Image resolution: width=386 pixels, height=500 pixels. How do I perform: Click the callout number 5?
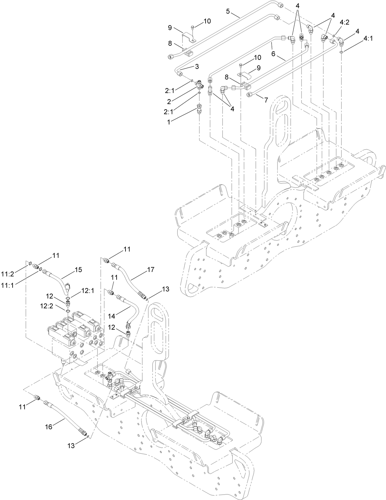228,11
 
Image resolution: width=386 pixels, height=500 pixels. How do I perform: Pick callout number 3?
197,66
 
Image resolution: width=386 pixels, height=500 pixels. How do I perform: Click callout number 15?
78,269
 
